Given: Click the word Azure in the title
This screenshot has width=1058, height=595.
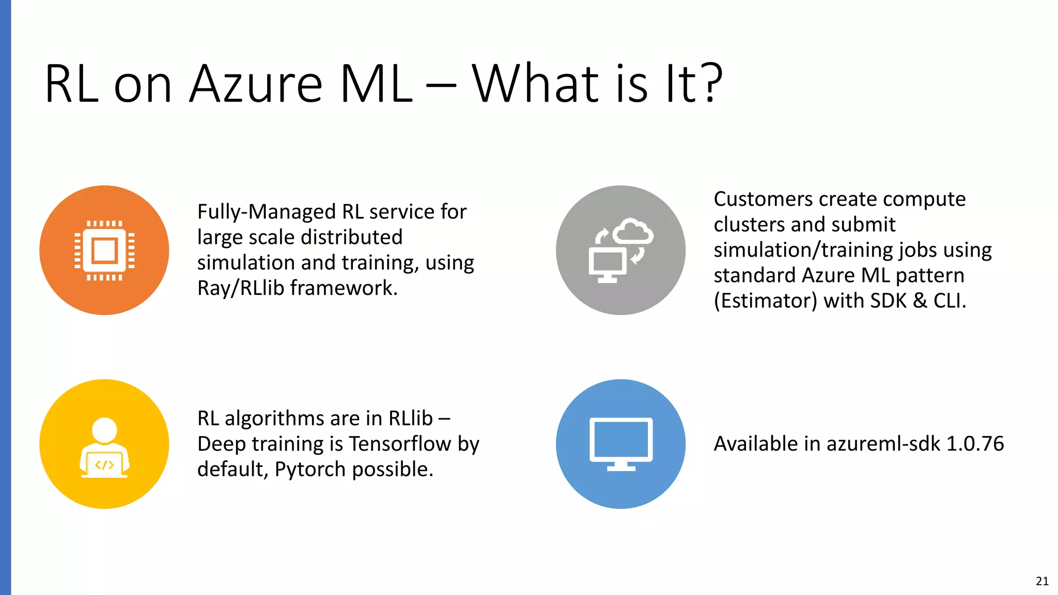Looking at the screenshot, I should [x=256, y=84].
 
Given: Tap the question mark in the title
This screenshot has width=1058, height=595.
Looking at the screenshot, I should [x=708, y=83].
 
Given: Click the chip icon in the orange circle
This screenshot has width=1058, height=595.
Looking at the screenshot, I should [x=104, y=250].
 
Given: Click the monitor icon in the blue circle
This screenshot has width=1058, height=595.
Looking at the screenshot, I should [x=621, y=443].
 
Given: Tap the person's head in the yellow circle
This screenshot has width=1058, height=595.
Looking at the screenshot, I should [x=104, y=430].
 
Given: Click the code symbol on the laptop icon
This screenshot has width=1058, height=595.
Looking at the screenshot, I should [x=104, y=465].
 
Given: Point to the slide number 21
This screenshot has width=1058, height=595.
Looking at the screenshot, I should [x=1042, y=581].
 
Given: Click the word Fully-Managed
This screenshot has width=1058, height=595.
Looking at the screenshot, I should [x=267, y=212].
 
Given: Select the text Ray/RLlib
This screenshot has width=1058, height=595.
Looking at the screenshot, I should [x=241, y=288].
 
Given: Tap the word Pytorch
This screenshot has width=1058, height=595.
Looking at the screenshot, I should [x=310, y=469].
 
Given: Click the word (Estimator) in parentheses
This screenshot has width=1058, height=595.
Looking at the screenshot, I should [x=765, y=301].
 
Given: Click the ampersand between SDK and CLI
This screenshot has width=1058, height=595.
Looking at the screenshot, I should [x=920, y=301].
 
